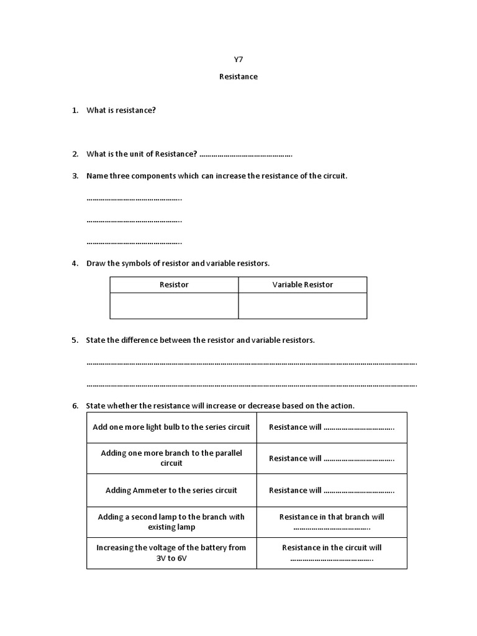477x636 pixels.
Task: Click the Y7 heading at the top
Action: (238, 60)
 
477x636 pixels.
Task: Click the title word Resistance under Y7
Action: (238, 77)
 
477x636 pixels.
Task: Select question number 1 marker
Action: (75, 110)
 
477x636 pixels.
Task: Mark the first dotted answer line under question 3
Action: (134, 199)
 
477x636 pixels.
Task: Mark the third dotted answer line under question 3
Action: (134, 242)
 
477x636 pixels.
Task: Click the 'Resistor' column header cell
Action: (174, 284)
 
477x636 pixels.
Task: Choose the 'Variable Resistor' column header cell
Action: (302, 284)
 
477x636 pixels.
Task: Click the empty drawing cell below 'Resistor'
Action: (174, 306)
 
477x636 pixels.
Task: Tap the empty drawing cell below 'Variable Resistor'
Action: (302, 306)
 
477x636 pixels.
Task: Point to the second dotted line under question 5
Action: (252, 384)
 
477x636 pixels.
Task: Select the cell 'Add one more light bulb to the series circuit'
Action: (171, 427)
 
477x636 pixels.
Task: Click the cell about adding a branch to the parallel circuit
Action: (171, 458)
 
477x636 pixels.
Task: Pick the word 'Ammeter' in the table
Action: (150, 490)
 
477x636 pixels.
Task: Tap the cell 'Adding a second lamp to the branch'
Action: (171, 522)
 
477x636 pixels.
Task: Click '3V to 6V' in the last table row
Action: (171, 558)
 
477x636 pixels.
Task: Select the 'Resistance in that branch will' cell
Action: (332, 522)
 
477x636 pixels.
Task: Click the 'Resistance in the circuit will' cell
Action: (332, 553)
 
